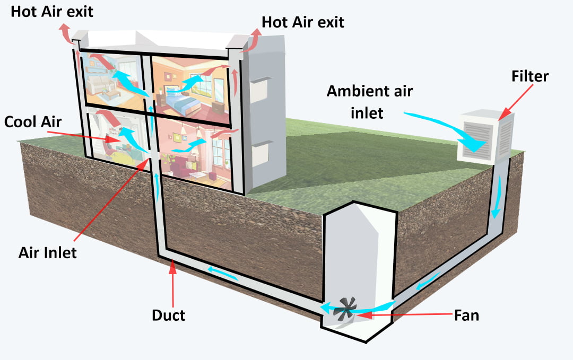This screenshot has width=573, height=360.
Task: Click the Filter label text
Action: [x=529, y=76]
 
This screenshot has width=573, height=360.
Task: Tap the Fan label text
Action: [x=466, y=315]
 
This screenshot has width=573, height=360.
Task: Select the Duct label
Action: [x=168, y=315]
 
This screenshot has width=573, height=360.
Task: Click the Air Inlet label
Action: [x=47, y=252]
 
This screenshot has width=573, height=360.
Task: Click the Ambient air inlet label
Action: [x=369, y=101]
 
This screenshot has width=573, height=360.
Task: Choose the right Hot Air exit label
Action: [x=302, y=22]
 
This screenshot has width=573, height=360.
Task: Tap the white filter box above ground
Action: [x=485, y=137]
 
